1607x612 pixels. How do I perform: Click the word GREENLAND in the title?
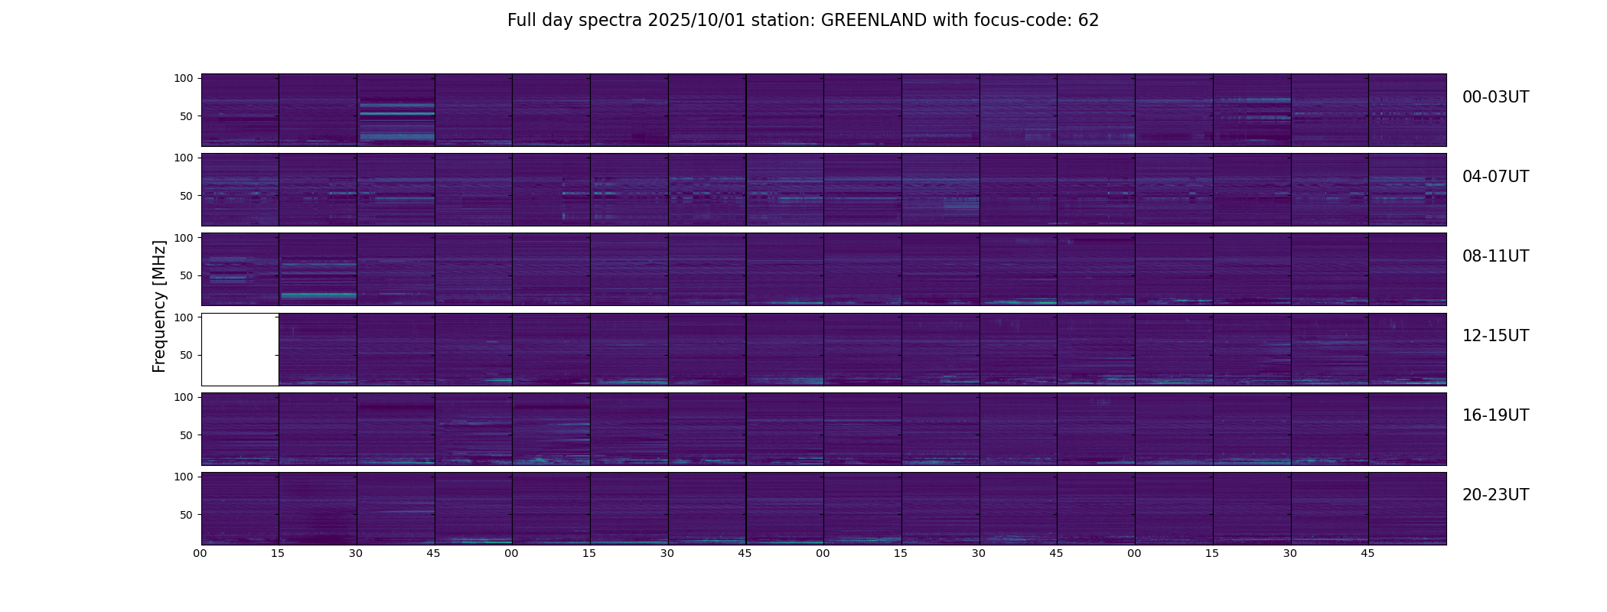click(873, 21)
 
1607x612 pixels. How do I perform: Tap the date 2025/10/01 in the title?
click(693, 21)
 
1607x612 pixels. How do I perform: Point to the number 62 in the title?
click(1088, 21)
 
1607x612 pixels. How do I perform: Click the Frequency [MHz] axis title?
click(159, 306)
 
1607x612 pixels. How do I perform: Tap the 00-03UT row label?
click(1495, 97)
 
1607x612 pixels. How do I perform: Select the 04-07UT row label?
click(1495, 177)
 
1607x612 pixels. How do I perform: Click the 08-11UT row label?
click(1495, 256)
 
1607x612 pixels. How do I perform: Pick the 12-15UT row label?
click(1495, 336)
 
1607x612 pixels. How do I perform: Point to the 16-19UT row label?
click(1495, 415)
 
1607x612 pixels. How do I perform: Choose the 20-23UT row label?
click(1495, 495)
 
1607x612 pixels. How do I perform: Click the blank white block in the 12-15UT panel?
click(240, 349)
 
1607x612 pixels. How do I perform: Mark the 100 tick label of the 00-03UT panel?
click(184, 78)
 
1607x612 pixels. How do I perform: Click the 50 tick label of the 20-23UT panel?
click(186, 515)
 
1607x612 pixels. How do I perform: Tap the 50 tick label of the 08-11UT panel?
click(186, 275)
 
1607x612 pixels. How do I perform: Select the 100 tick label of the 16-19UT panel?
click(184, 397)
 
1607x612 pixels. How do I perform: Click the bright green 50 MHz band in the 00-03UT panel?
click(396, 113)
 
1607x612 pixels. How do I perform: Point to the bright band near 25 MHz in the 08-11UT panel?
click(318, 295)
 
